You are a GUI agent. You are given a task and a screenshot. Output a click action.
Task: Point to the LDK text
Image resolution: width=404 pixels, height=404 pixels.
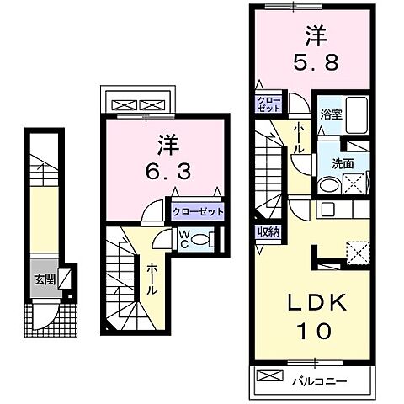coord(315,301)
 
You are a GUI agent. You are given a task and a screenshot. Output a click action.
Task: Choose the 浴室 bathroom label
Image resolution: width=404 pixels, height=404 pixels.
coord(329,115)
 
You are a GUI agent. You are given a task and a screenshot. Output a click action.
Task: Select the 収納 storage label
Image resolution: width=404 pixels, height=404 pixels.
coord(269,231)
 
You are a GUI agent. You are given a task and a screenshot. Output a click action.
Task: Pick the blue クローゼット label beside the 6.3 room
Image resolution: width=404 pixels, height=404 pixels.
coord(198,212)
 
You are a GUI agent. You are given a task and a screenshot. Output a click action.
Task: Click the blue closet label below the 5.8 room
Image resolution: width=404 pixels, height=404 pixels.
coord(269,104)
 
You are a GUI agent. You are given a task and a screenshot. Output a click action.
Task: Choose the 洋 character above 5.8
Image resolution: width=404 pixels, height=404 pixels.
coord(316,35)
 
